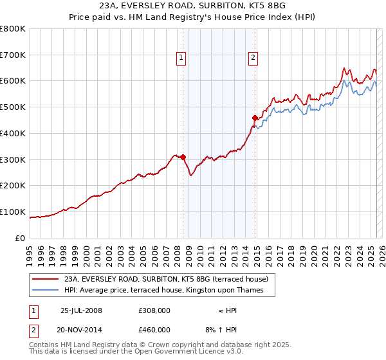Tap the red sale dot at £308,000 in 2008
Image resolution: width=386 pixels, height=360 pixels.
(x=183, y=157)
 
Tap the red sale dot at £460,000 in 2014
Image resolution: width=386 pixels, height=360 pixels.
(x=255, y=118)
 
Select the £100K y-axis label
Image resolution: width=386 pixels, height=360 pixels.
(x=13, y=212)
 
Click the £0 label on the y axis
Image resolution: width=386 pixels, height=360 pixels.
(x=21, y=238)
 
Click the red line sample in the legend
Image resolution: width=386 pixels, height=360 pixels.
(x=45, y=280)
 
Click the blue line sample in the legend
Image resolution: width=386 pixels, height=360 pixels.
(x=45, y=291)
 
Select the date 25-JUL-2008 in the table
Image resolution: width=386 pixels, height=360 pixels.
(x=81, y=310)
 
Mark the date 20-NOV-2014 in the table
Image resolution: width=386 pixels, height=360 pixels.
(x=81, y=330)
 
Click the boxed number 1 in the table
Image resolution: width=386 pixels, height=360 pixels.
(x=34, y=310)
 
